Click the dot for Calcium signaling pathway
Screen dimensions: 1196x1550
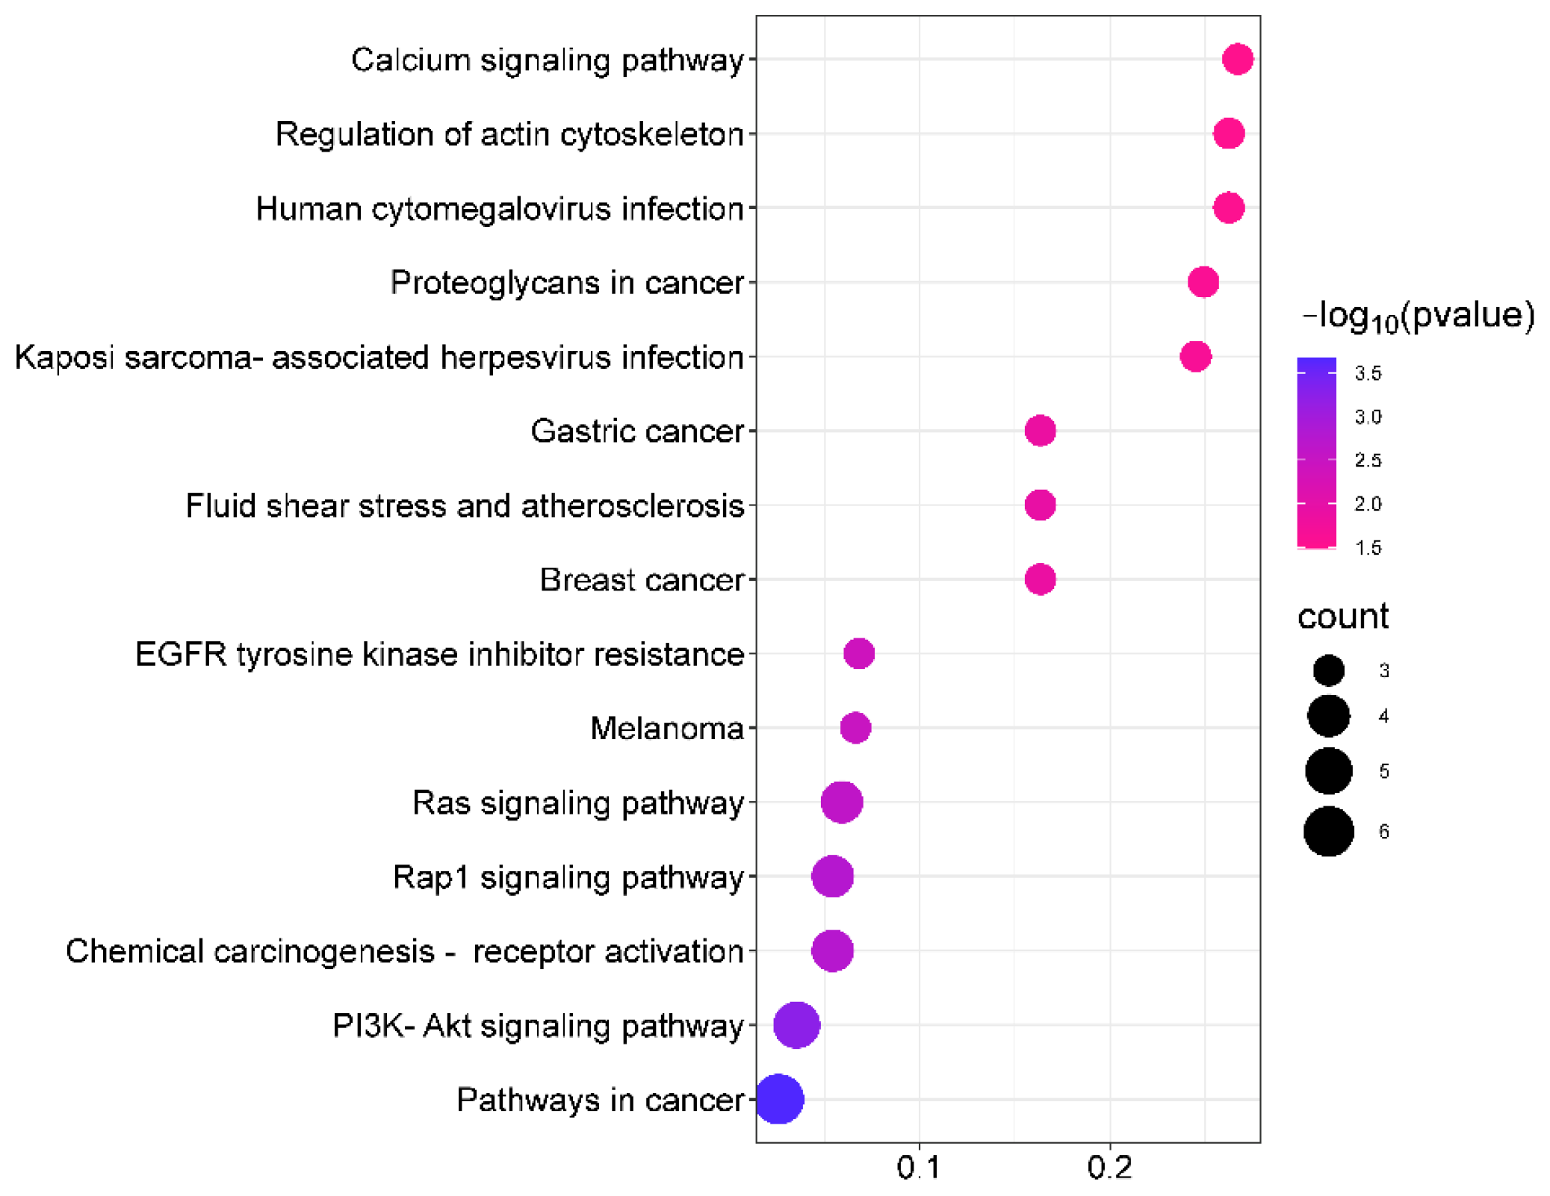tap(1237, 59)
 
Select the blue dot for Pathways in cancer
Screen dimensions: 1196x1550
tap(778, 1098)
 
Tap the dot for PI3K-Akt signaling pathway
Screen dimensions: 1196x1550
tap(796, 1024)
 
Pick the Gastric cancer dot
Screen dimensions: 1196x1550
tap(1040, 431)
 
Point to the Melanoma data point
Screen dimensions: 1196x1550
tap(855, 727)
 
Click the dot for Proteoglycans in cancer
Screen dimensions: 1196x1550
tap(1203, 282)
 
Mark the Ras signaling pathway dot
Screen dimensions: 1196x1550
tap(842, 802)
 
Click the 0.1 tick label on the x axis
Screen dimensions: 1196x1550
tap(919, 1168)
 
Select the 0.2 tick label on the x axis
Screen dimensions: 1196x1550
tap(1109, 1168)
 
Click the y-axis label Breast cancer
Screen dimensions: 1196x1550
tap(642, 580)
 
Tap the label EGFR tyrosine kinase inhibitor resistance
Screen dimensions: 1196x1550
tap(439, 654)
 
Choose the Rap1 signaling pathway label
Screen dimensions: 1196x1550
tap(568, 876)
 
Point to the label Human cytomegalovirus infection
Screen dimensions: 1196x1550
tap(500, 209)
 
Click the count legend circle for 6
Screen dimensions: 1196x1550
tap(1328, 831)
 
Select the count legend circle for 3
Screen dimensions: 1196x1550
tap(1328, 670)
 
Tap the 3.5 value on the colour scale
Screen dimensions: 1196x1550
tap(1368, 373)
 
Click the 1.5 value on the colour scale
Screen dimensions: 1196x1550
tap(1368, 548)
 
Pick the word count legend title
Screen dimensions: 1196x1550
tap(1342, 617)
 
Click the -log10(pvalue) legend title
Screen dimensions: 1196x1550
tap(1418, 317)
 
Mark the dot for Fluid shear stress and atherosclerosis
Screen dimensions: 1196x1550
tap(1040, 505)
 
